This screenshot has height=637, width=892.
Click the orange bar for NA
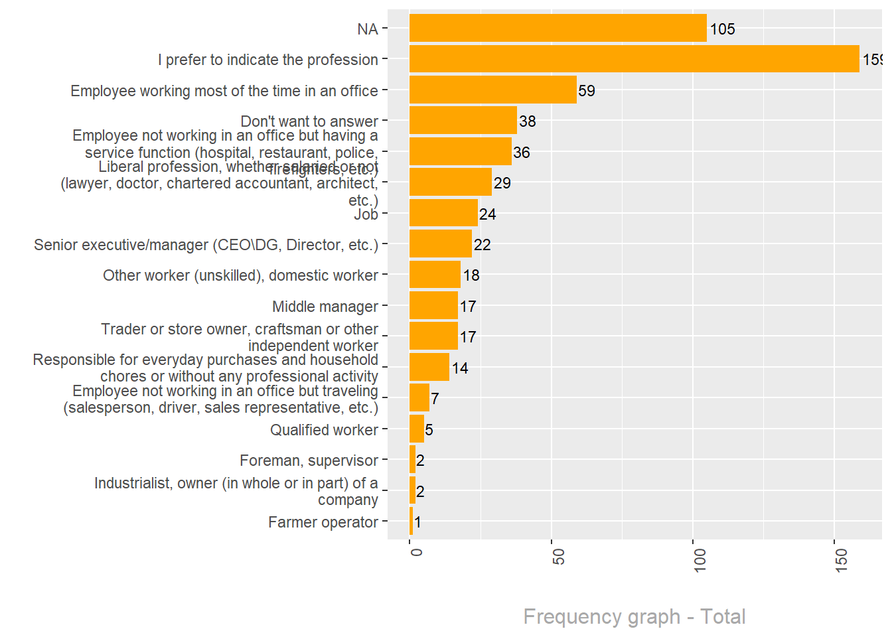[x=557, y=29]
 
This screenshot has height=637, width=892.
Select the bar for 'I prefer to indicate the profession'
[x=634, y=59]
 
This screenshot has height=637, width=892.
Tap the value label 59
[x=587, y=91]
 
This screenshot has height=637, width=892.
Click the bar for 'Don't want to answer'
[x=463, y=121]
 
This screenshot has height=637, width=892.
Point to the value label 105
[x=722, y=29]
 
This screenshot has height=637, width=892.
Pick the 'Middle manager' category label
[x=325, y=307]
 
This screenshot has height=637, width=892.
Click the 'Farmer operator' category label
[x=323, y=522]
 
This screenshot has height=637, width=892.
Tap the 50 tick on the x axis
[x=559, y=557]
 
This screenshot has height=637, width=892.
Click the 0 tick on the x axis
[x=416, y=552]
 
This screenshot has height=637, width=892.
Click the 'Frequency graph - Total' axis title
[x=634, y=616]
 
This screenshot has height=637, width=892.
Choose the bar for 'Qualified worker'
[x=417, y=429]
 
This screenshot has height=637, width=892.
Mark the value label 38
[x=528, y=121]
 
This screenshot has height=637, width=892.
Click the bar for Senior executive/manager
[x=440, y=244]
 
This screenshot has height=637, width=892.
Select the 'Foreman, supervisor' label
[x=309, y=460]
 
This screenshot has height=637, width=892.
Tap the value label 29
[x=502, y=183]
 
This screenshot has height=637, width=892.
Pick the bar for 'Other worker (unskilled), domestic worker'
[x=435, y=275]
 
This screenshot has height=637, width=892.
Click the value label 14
[x=460, y=368]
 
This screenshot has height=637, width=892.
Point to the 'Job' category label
[x=366, y=214]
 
